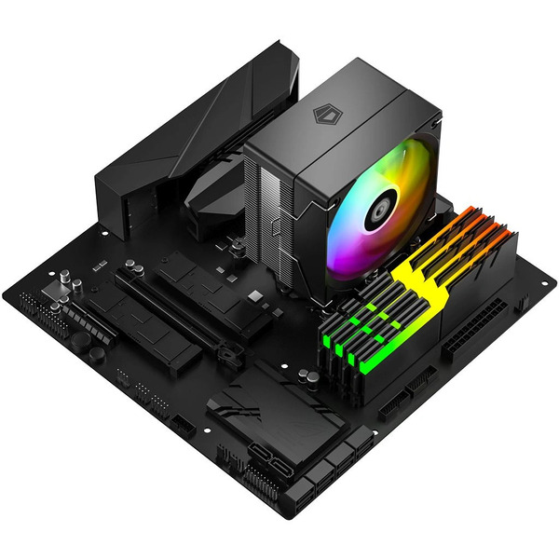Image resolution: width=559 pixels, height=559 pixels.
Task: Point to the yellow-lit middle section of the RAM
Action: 415,279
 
